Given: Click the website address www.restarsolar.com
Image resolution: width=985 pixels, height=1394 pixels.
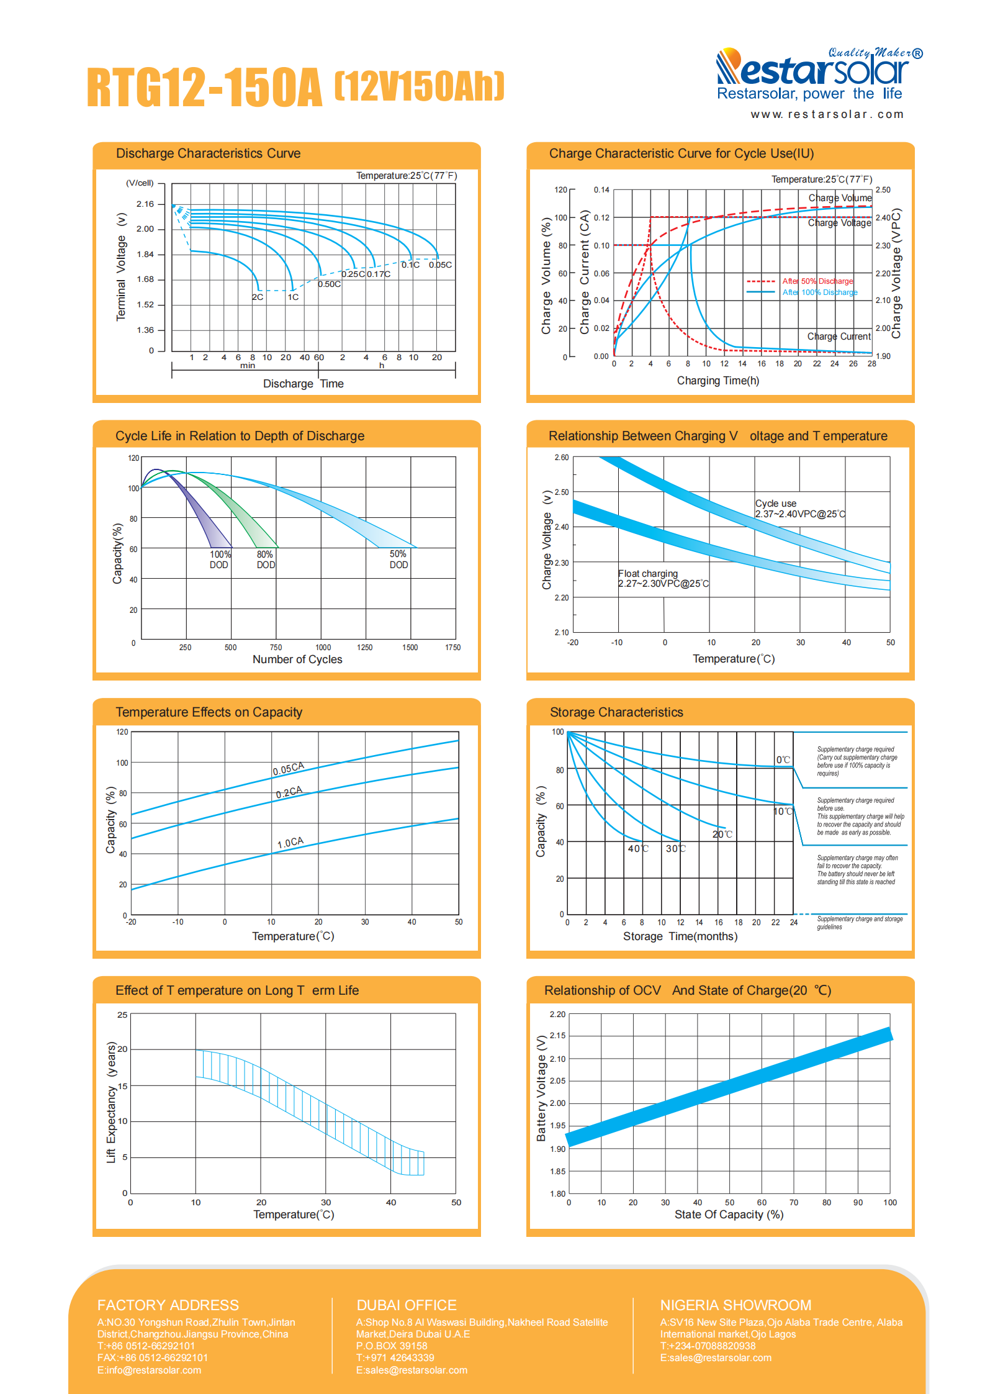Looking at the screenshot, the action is [x=827, y=114].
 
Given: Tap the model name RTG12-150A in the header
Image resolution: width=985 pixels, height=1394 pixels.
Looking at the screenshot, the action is [x=205, y=86].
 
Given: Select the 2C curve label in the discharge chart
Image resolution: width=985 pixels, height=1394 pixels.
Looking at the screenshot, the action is [x=258, y=297].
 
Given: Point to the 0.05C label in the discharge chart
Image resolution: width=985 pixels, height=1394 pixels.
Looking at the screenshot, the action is [x=440, y=265].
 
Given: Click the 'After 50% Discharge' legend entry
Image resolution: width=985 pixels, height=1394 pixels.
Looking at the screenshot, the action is [x=817, y=281].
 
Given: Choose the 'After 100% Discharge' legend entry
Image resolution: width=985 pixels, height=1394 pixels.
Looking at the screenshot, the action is [x=820, y=292].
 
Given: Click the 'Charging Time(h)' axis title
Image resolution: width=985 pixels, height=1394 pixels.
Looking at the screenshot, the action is [x=718, y=381].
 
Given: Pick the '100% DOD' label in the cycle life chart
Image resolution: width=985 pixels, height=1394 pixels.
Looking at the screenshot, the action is [x=220, y=559].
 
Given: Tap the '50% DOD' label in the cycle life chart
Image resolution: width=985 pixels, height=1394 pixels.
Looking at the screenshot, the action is [x=398, y=559].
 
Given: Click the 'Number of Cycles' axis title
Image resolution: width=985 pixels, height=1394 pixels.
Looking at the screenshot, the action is [x=297, y=659].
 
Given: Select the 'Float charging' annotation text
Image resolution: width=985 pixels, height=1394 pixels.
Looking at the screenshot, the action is [x=648, y=574].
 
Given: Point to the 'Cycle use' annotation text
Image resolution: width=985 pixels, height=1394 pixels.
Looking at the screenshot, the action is [x=776, y=504].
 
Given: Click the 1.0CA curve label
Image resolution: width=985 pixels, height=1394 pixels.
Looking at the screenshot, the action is [x=290, y=843].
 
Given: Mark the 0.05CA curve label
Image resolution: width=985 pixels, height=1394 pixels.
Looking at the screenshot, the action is [x=289, y=769].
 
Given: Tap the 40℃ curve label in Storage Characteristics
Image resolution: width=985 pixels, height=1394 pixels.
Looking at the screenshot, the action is [x=638, y=849].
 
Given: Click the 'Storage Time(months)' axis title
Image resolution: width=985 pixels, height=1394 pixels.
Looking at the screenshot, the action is [x=680, y=936].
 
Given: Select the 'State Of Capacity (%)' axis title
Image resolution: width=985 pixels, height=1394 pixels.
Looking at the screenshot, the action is [x=729, y=1215].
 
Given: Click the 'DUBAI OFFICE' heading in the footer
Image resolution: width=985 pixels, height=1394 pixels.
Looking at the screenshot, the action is [x=407, y=1305].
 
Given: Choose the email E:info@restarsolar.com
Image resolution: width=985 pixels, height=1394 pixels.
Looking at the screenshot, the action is [x=149, y=1370].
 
